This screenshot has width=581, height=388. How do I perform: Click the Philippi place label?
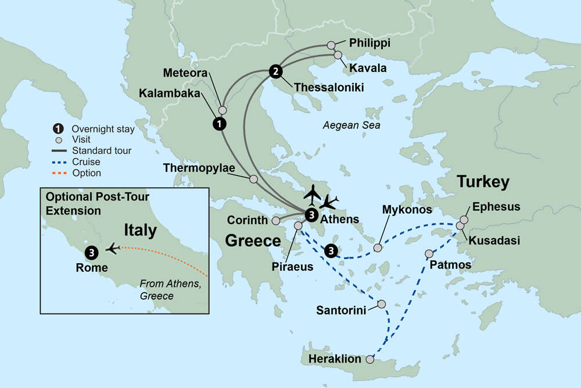[x=370, y=43]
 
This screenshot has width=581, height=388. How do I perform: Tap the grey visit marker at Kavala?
[x=338, y=55]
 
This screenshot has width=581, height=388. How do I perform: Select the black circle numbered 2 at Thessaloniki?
[x=275, y=72]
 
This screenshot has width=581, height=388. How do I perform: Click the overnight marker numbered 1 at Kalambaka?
[x=219, y=123]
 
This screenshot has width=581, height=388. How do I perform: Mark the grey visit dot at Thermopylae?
[x=253, y=179]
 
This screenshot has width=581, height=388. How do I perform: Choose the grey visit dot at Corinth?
[x=276, y=221]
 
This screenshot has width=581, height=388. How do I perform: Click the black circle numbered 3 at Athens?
[x=311, y=214]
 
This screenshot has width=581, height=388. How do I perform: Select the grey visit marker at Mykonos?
[x=378, y=248]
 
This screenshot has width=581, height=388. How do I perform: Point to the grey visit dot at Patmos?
[x=429, y=254]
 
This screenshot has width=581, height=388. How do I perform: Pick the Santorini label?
[x=341, y=310]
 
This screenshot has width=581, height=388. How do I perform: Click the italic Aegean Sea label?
[x=352, y=125]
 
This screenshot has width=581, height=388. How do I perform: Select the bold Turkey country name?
[x=483, y=182]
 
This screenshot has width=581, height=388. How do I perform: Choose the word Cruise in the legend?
[x=85, y=162]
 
